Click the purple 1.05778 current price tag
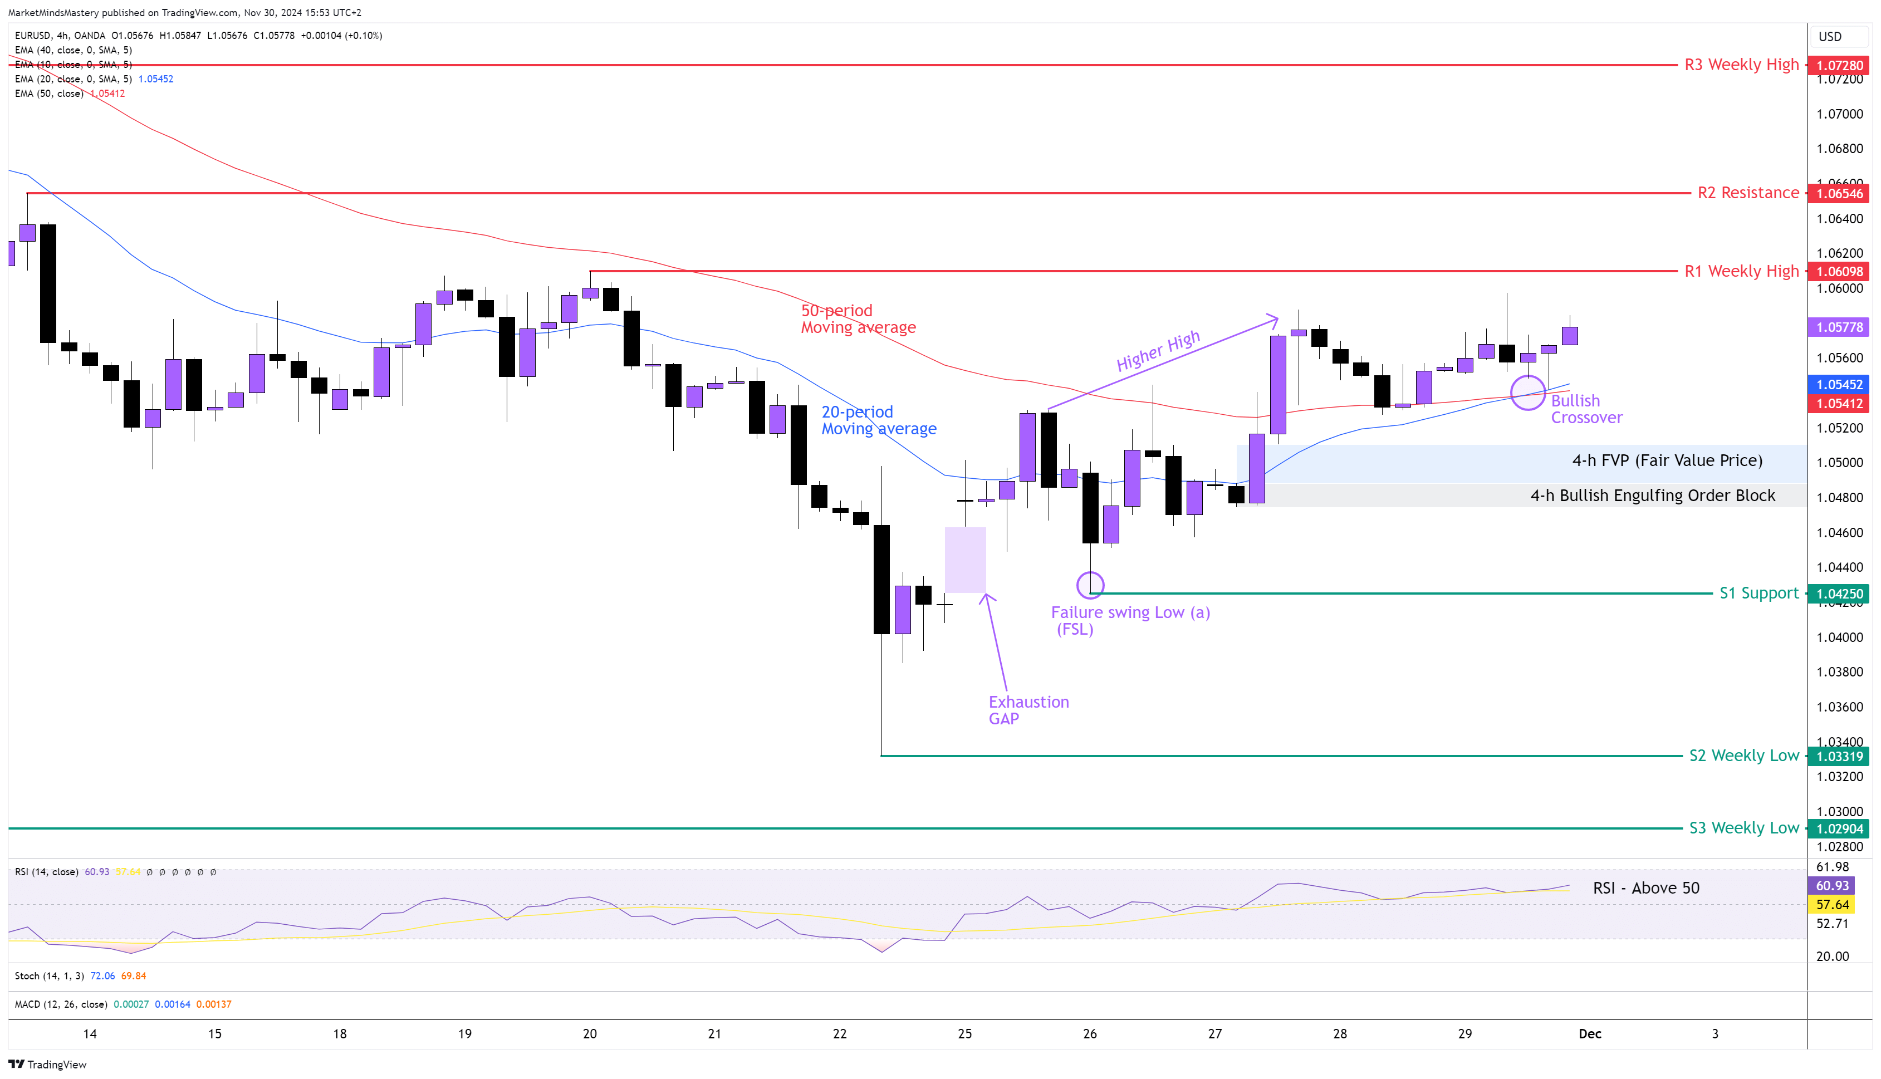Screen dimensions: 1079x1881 click(1838, 327)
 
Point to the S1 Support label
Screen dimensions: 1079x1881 click(1758, 593)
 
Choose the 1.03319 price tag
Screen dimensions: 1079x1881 click(1838, 757)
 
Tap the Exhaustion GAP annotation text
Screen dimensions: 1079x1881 click(1028, 710)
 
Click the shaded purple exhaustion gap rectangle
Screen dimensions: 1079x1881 click(965, 560)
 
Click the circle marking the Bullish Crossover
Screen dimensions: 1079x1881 click(1527, 393)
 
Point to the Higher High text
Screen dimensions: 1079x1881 click(1158, 351)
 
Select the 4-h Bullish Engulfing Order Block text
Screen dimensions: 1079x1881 click(1652, 496)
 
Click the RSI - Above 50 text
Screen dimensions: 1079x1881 click(1645, 888)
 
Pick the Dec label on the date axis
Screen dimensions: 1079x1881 click(1590, 1034)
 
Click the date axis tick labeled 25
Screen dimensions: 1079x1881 click(964, 1034)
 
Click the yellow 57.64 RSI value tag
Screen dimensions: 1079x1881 click(1832, 905)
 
